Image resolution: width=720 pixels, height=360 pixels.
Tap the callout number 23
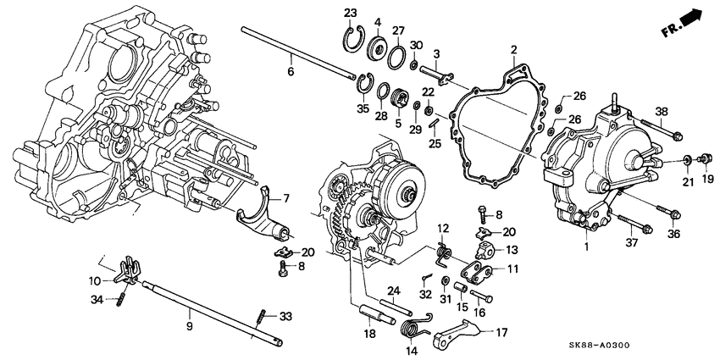352,12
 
